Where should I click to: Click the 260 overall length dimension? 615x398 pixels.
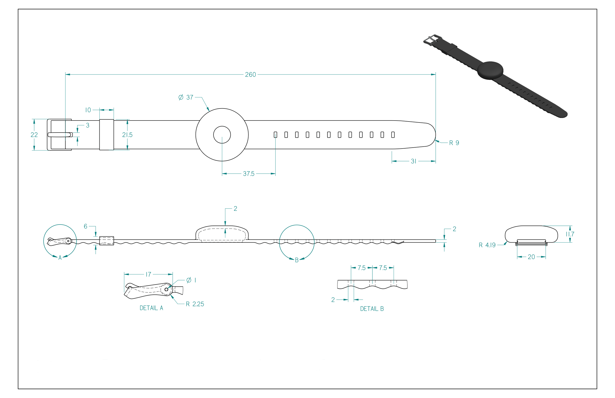[250, 75]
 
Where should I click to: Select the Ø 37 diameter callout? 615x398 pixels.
[186, 97]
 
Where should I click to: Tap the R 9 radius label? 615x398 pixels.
[454, 143]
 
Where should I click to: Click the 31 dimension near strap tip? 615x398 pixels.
[413, 161]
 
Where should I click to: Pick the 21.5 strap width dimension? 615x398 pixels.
[127, 135]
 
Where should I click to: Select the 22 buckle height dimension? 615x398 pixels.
[34, 135]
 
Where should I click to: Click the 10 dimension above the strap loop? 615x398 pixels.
[88, 110]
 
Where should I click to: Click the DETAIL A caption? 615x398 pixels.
[151, 308]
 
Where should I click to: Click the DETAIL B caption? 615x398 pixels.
[372, 309]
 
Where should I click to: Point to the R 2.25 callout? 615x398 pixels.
[195, 304]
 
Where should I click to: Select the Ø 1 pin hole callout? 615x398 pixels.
[191, 280]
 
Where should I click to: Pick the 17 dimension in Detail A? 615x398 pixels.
[148, 275]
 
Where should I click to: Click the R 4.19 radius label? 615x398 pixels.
[487, 245]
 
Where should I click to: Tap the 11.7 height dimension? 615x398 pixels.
[570, 234]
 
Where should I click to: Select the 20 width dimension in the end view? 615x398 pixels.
[531, 257]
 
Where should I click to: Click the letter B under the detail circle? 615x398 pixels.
[297, 260]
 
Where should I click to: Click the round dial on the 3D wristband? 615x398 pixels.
[490, 70]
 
